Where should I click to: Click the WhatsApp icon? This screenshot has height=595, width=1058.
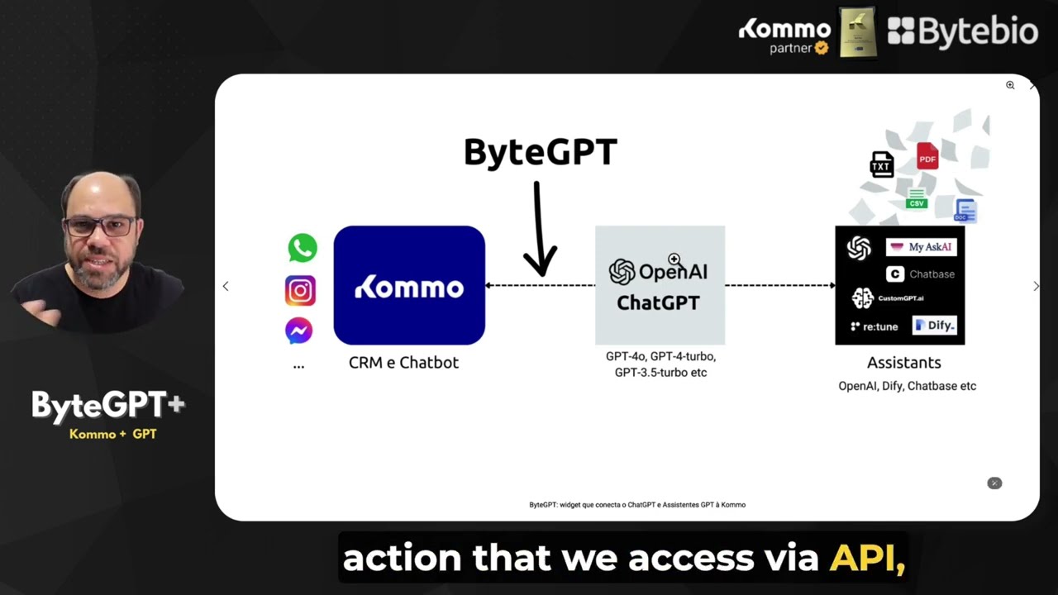point(303,248)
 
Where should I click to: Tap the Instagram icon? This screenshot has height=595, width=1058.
point(300,290)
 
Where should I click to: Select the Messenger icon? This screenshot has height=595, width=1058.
point(298,331)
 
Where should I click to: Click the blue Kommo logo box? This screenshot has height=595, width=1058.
point(409,285)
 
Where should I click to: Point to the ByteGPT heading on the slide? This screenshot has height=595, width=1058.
point(540,153)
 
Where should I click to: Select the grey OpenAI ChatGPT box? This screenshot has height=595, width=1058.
point(660,285)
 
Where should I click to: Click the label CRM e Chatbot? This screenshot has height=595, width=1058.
point(403,363)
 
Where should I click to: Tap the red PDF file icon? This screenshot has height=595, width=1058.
point(927,156)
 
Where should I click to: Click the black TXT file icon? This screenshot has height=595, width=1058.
point(882,164)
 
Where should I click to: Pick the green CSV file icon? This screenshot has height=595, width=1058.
point(916,199)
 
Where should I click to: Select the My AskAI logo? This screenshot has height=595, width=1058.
point(921,247)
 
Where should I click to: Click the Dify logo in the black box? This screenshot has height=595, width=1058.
point(934,326)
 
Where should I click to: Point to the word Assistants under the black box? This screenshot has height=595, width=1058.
point(903,363)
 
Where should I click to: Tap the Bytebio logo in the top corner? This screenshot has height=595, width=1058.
point(962,31)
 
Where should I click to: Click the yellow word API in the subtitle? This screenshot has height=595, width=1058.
point(867,559)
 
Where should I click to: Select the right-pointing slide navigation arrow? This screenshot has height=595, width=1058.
point(1036,286)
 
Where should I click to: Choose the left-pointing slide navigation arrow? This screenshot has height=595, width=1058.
point(226,286)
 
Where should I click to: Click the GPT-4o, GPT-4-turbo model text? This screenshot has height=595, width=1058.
point(660,357)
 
